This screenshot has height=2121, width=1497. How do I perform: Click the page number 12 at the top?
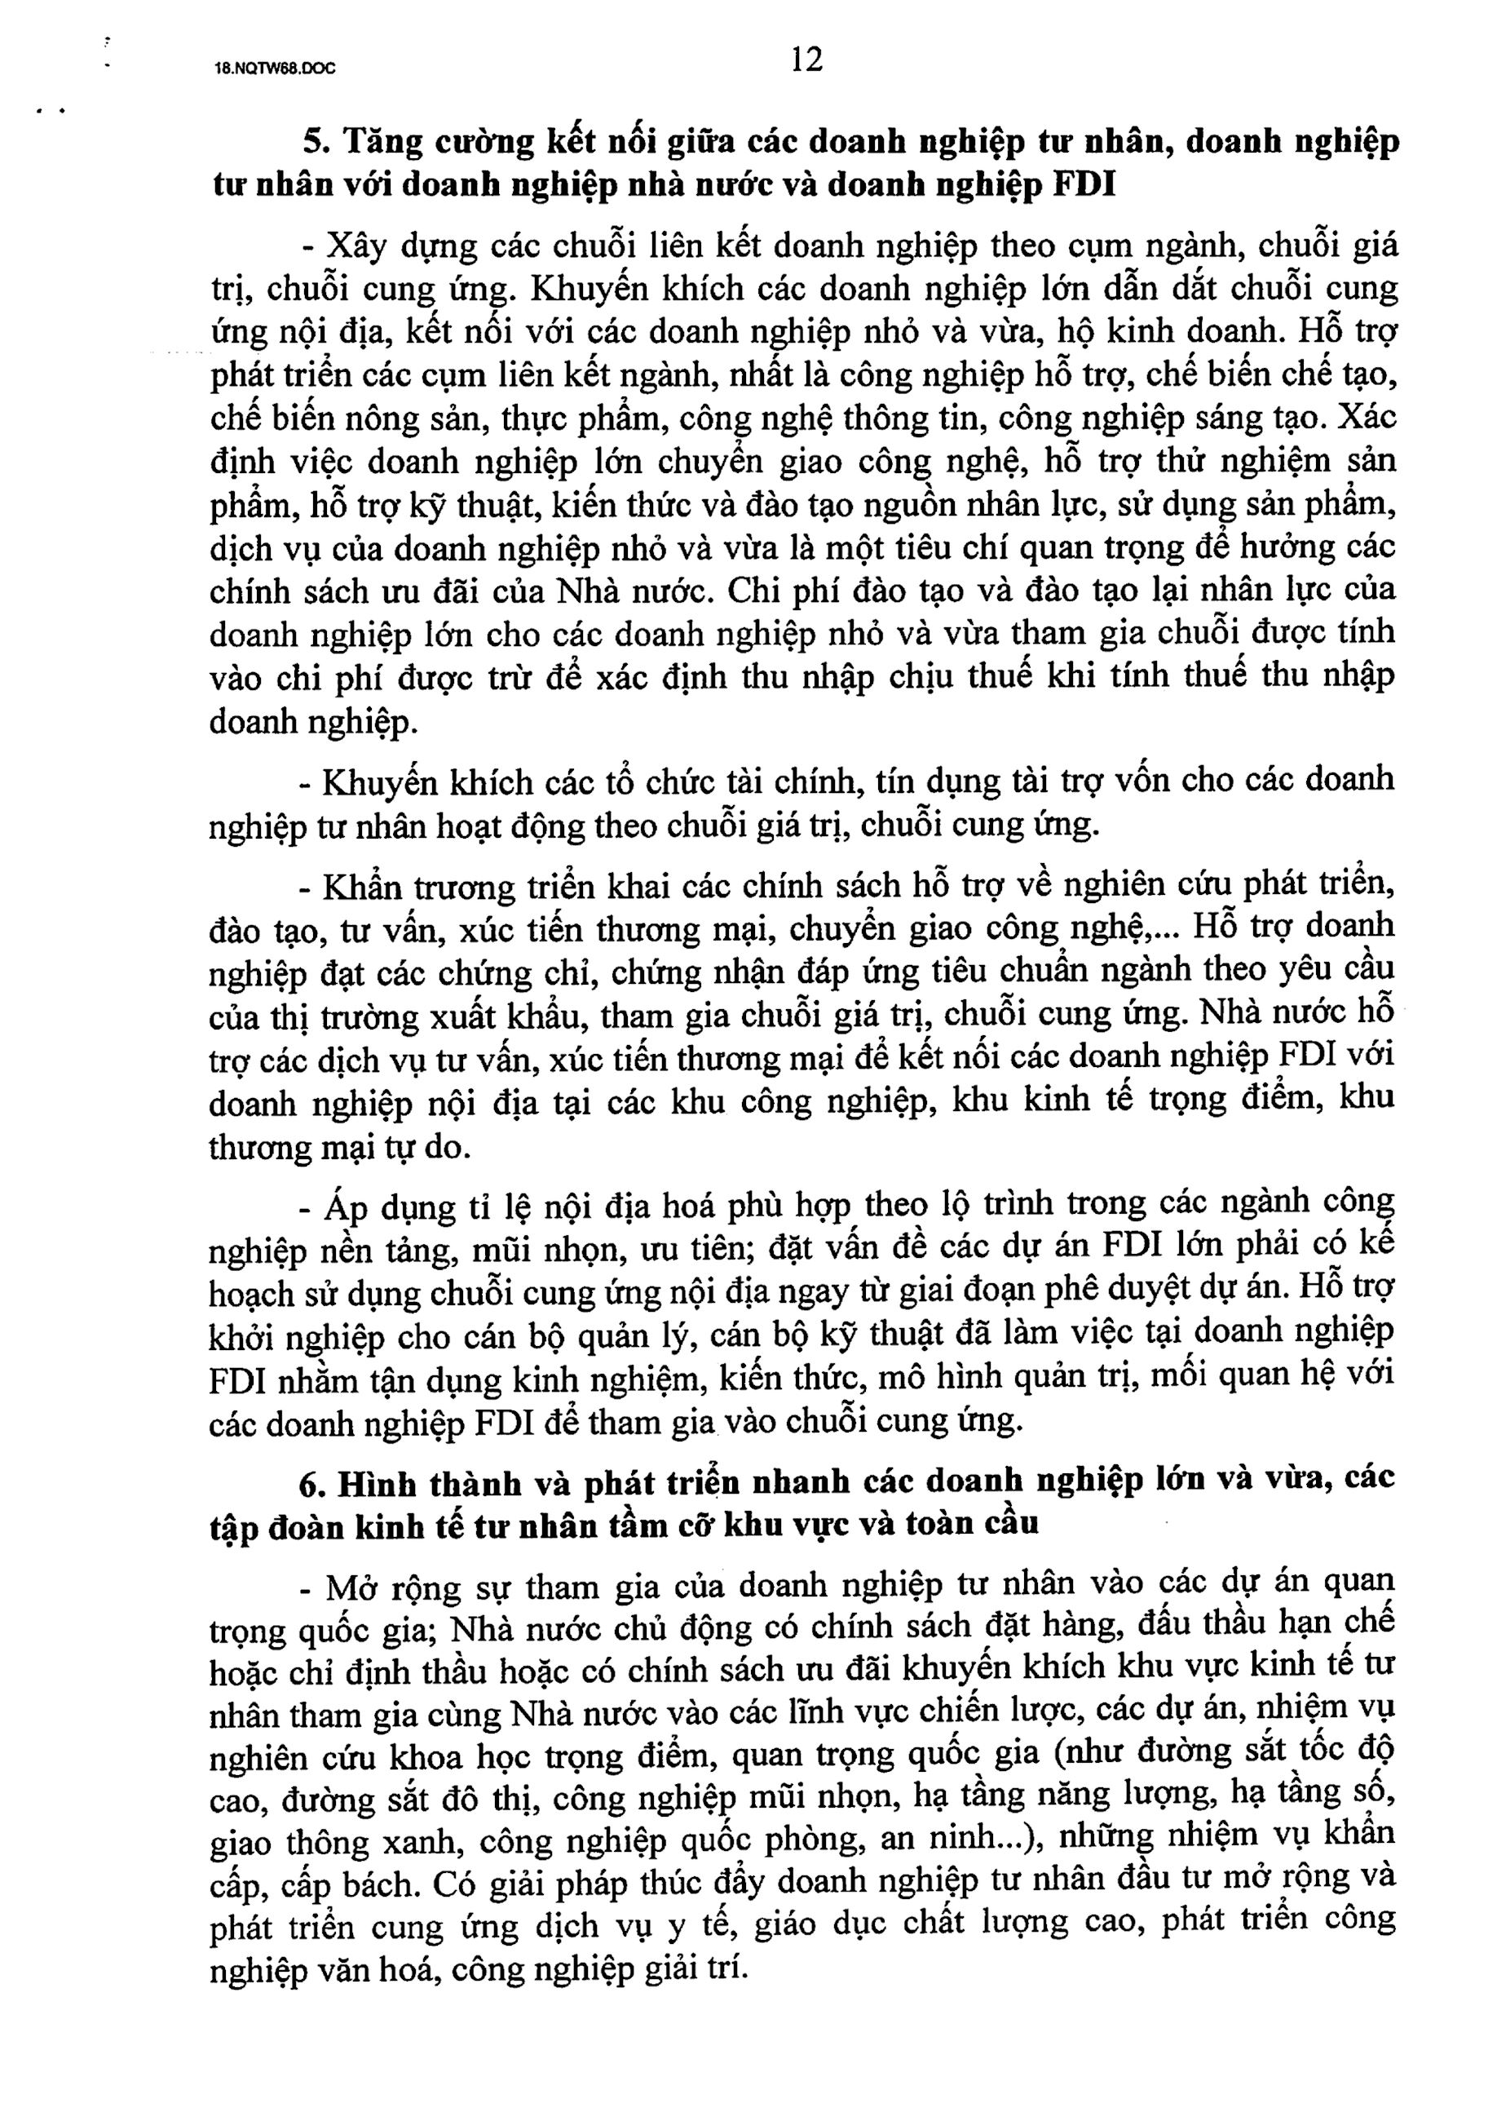click(806, 60)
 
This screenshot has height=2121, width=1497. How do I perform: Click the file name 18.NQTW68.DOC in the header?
click(274, 69)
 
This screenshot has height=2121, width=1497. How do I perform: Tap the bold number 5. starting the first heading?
click(316, 142)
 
